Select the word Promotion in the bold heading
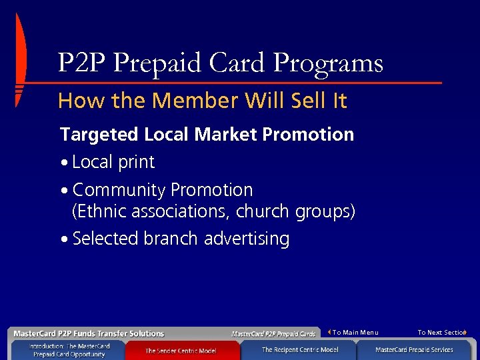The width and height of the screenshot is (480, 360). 307,135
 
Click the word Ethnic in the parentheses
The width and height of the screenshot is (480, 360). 102,212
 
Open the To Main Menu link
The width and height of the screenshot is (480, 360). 355,332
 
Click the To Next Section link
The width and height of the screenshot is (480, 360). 441,332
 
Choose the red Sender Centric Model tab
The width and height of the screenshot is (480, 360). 181,351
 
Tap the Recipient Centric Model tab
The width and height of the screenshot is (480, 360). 299,350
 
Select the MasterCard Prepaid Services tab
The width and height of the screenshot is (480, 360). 414,350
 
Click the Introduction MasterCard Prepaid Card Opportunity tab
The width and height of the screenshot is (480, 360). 69,351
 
